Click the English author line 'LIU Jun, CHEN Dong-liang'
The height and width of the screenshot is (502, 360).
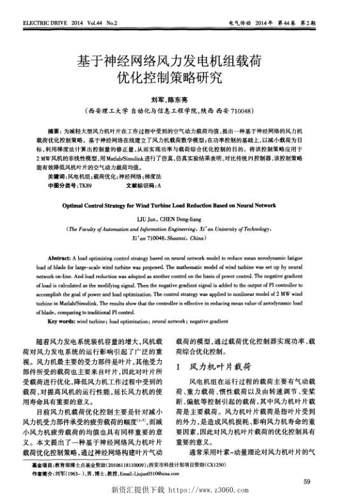[179, 218]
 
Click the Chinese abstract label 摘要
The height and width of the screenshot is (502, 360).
[55, 129]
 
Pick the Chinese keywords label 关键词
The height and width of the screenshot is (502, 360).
[57, 176]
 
